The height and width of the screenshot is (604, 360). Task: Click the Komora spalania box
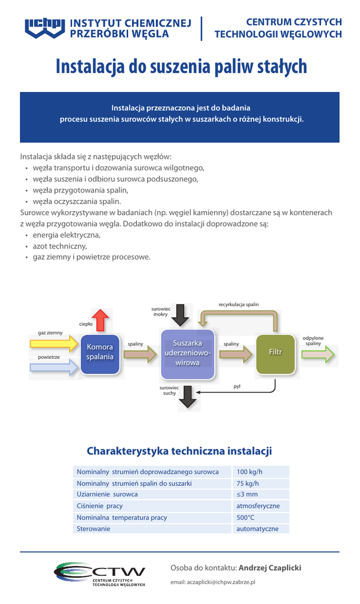pyautogui.click(x=100, y=353)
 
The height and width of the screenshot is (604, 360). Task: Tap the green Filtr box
pyautogui.click(x=275, y=353)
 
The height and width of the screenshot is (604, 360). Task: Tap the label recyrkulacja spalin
pyautogui.click(x=238, y=304)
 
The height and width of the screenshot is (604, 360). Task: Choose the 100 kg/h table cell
pyautogui.click(x=249, y=472)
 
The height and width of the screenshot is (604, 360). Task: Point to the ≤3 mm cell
pyautogui.click(x=247, y=494)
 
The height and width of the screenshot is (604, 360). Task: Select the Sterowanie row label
pyautogui.click(x=93, y=529)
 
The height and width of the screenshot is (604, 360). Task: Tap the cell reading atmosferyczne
pyautogui.click(x=258, y=506)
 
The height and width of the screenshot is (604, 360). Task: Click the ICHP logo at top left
pyautogui.click(x=45, y=27)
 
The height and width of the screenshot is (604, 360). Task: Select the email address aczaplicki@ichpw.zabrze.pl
pyautogui.click(x=213, y=582)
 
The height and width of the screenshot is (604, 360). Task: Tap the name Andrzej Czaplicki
pyautogui.click(x=270, y=567)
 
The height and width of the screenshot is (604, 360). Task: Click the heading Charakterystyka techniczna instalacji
pyautogui.click(x=179, y=451)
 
